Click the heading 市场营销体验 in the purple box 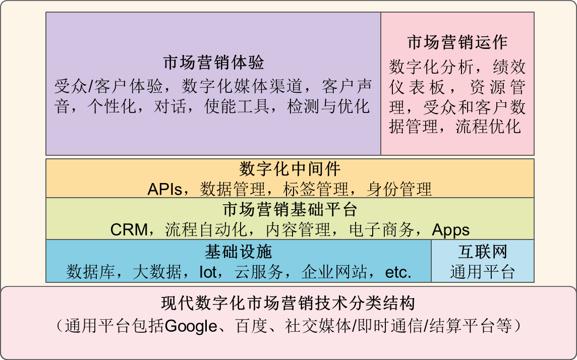click(213, 63)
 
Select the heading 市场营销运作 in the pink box click(457, 42)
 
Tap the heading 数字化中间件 click(290, 169)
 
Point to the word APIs click(165, 189)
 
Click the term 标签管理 click(316, 189)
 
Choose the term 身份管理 click(399, 189)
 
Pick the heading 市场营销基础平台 click(290, 210)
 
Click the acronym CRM click(129, 230)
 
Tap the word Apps click(451, 230)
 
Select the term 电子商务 click(382, 230)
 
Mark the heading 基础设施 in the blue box click(239, 252)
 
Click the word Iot click(208, 272)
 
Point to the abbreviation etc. click(398, 272)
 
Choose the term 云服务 click(259, 272)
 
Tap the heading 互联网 click(482, 252)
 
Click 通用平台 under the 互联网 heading click(482, 272)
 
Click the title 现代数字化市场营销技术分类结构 click(288, 304)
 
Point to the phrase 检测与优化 click(328, 107)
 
